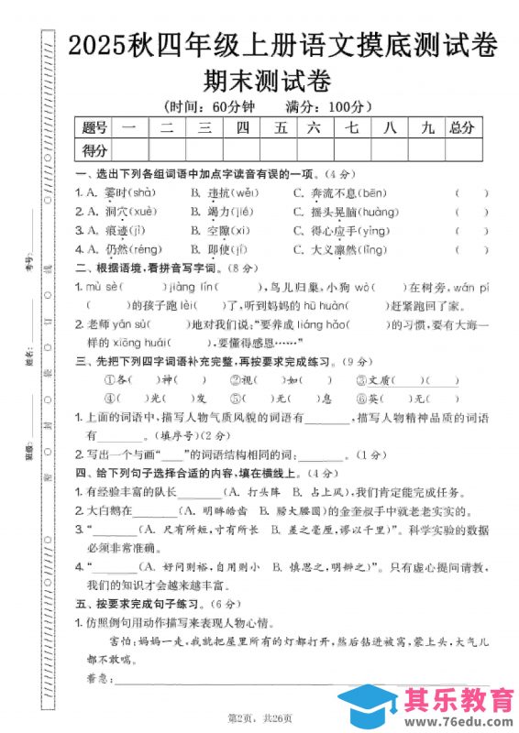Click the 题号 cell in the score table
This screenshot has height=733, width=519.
[x=94, y=127]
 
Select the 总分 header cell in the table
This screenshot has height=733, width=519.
[x=460, y=127]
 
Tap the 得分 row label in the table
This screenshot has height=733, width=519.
[x=94, y=149]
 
